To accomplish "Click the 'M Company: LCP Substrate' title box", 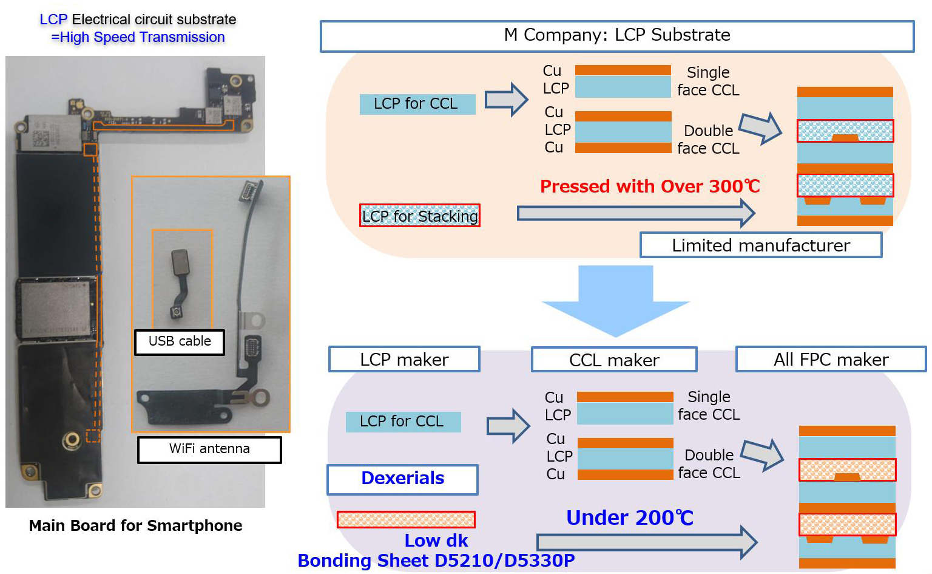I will (616, 36).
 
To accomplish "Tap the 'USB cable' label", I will (180, 342).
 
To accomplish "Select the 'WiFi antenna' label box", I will (209, 449).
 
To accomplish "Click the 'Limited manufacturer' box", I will (760, 245).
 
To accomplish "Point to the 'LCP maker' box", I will (404, 360).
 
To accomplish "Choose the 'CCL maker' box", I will (614, 360).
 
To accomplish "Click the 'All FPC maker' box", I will (831, 360).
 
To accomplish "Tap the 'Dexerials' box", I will (402, 479).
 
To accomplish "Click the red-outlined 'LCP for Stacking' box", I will (420, 216).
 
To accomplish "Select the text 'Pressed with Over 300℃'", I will (650, 186).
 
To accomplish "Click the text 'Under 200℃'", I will (629, 518).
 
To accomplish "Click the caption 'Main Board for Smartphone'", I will (135, 525).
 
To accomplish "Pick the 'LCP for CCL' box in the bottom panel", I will (403, 422).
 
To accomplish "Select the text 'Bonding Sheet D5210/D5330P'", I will (436, 560).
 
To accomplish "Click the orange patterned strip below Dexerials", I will (406, 519).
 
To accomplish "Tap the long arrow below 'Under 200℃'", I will (646, 542).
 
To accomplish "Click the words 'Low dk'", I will (436, 540).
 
